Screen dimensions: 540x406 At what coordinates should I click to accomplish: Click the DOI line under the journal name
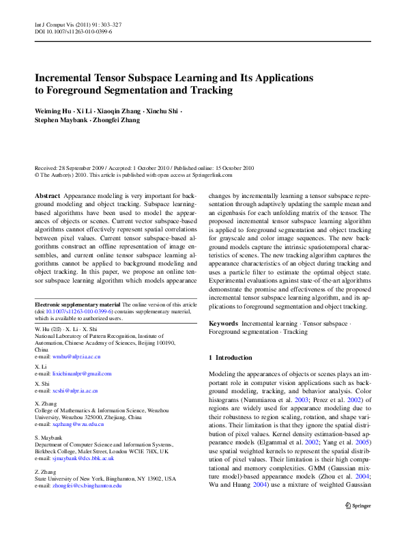tap(73, 31)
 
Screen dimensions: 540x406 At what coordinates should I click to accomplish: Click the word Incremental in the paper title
tap(67, 78)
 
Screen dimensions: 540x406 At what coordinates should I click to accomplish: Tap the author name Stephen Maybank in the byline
tap(59, 119)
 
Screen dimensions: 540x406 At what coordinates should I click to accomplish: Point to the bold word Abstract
tap(46, 195)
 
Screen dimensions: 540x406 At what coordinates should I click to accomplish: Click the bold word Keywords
tap(223, 322)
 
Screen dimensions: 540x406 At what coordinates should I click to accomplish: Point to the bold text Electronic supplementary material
tap(72, 303)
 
